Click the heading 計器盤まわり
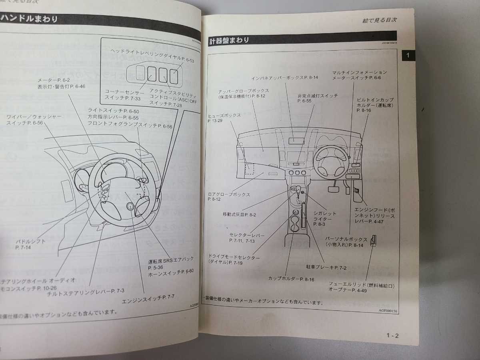click(x=229, y=40)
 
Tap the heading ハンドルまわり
click(x=30, y=19)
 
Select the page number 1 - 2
click(x=392, y=335)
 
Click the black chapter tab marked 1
click(x=408, y=56)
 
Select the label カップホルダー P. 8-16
click(x=291, y=279)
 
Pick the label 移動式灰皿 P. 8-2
click(x=239, y=214)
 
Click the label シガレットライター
click(x=325, y=219)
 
